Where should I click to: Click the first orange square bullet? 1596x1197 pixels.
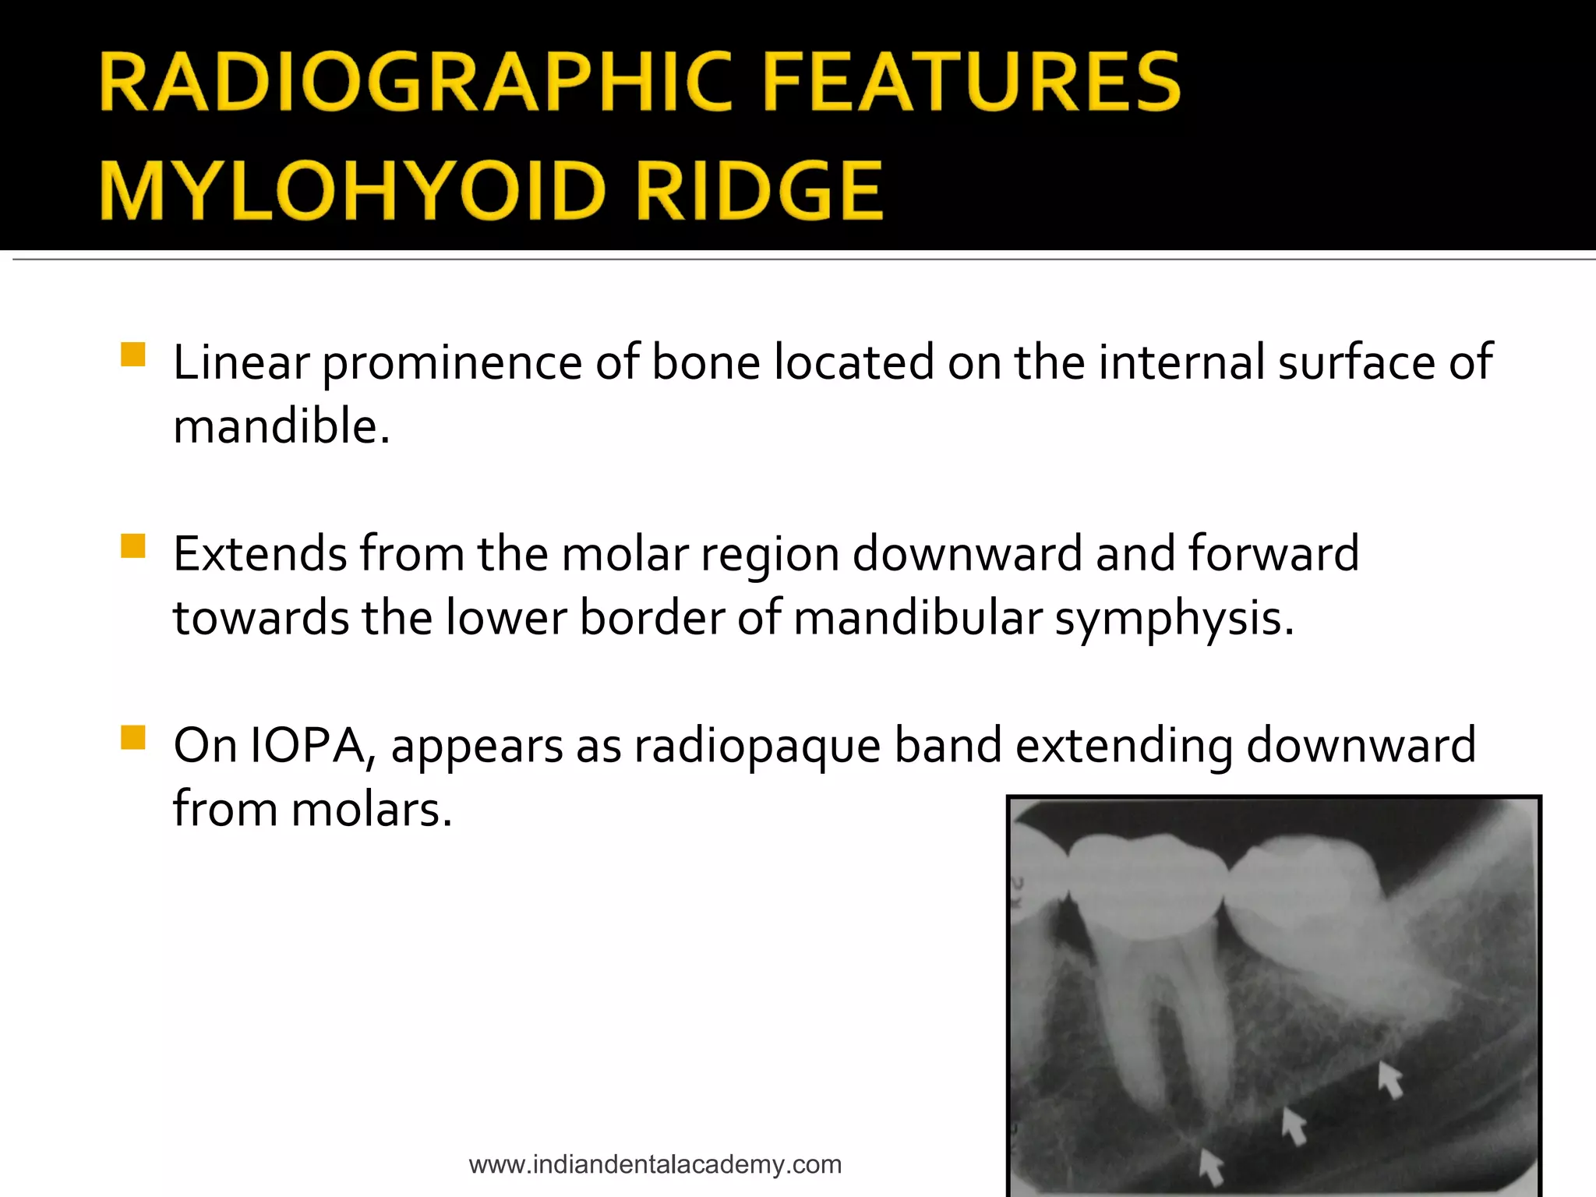pyautogui.click(x=133, y=355)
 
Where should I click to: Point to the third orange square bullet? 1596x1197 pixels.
pyautogui.click(x=133, y=736)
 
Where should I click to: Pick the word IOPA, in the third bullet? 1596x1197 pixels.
pyautogui.click(x=313, y=745)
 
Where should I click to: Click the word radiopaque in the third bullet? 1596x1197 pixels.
pyautogui.click(x=757, y=745)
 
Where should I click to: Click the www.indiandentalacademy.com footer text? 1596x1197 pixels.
pyautogui.click(x=655, y=1164)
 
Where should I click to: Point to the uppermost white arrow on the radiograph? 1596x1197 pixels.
pyautogui.click(x=1389, y=1079)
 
